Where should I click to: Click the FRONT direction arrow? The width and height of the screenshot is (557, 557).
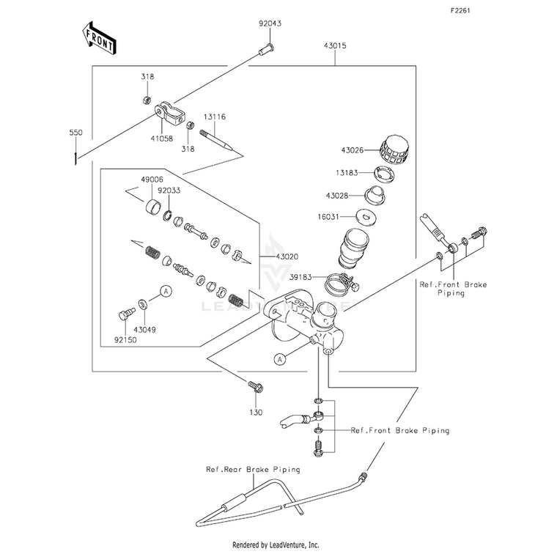tap(99, 37)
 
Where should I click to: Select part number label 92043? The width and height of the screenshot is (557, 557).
tap(270, 23)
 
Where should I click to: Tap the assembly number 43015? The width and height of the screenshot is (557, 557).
tap(335, 45)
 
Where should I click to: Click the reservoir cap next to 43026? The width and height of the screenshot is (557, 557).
tap(394, 150)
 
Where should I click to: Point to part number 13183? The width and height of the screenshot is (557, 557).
tap(347, 173)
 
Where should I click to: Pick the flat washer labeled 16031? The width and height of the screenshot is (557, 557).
tap(366, 217)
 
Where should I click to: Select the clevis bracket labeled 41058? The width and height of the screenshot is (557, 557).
tap(170, 114)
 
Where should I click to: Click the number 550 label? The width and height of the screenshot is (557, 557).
tap(75, 133)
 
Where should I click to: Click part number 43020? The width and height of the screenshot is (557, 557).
tap(287, 257)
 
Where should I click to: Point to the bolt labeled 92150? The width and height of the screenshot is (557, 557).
tap(126, 314)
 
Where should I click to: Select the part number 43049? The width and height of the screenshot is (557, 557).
tap(145, 330)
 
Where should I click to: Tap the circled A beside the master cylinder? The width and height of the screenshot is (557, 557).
tap(280, 360)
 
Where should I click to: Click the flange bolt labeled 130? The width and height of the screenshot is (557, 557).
tap(255, 386)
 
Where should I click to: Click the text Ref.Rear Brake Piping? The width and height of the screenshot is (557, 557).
tap(253, 470)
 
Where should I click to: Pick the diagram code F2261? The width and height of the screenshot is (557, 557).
tap(460, 11)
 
